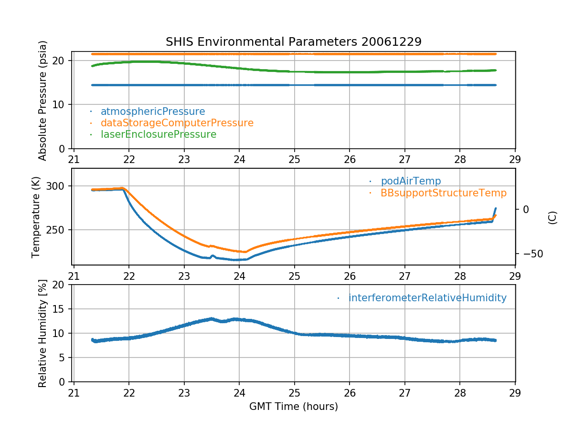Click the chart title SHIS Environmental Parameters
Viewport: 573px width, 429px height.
pyautogui.click(x=293, y=42)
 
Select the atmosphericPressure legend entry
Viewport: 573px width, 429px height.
pyautogui.click(x=153, y=112)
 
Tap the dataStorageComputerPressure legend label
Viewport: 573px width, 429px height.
pyautogui.click(x=177, y=123)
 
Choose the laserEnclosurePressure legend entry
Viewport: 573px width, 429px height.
pyautogui.click(x=159, y=134)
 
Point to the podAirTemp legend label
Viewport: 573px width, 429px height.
pyautogui.click(x=411, y=181)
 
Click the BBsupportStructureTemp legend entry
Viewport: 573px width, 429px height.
pyautogui.click(x=443, y=193)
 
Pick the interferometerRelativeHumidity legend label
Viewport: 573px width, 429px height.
pyautogui.click(x=427, y=298)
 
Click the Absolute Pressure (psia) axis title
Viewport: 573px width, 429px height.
pyautogui.click(x=43, y=100)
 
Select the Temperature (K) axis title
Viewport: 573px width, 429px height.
pyautogui.click(x=36, y=216)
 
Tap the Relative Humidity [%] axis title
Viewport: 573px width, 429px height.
pyautogui.click(x=43, y=333)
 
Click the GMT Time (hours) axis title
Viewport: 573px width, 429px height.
pyautogui.click(x=293, y=407)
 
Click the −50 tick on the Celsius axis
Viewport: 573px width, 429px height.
pyautogui.click(x=530, y=254)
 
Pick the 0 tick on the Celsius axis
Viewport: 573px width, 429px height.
pyautogui.click(x=526, y=209)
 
